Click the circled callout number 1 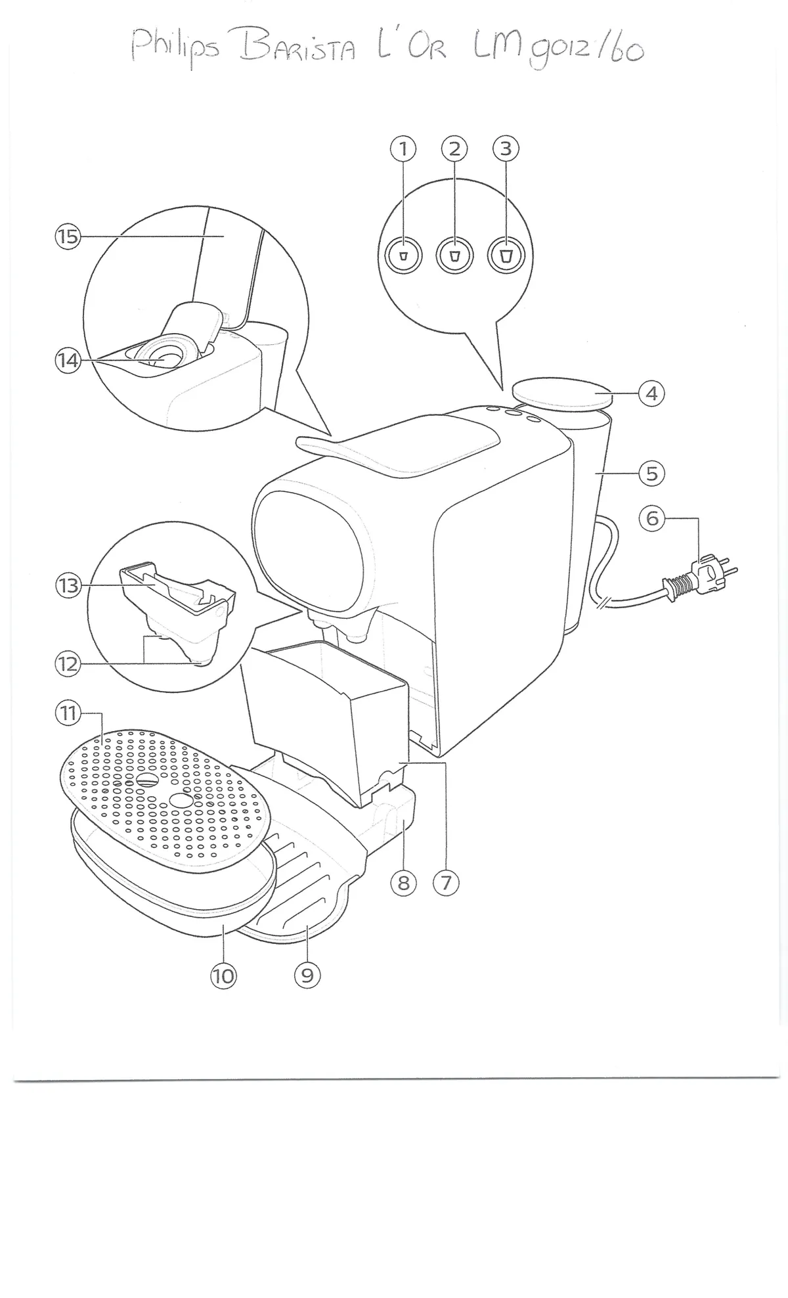403,150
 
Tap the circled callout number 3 506,150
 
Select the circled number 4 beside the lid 651,393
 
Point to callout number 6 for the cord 652,518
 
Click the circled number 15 67,236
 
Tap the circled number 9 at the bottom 307,975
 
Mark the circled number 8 403,883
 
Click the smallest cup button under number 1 404,256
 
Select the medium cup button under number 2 454,256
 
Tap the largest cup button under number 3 506,256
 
